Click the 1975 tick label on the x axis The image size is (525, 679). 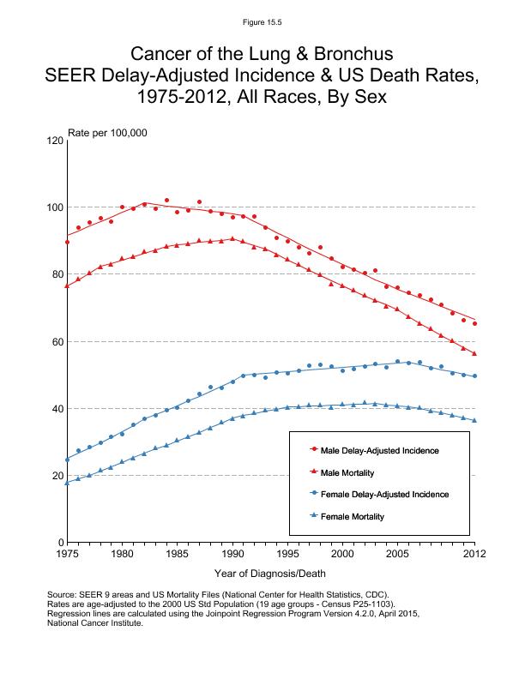[x=66, y=554]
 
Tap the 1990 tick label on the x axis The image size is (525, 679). [x=232, y=554]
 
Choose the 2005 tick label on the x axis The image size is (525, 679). [x=397, y=554]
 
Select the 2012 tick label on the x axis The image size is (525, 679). [x=474, y=554]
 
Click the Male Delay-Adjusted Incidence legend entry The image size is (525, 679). [x=385, y=449]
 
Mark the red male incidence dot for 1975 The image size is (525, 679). [x=67, y=243]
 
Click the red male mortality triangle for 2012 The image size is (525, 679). [x=474, y=353]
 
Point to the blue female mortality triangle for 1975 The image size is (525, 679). [x=67, y=482]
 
